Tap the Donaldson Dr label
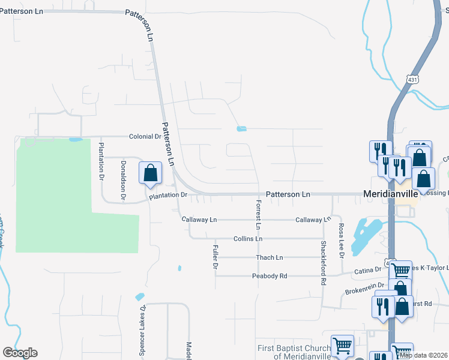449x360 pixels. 122,180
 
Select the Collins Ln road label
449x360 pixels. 248,238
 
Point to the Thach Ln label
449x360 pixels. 269,257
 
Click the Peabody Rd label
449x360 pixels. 270,276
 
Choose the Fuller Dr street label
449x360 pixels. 215,256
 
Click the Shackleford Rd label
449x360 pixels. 323,263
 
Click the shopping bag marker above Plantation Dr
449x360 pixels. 150,173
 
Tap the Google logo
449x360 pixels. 20,353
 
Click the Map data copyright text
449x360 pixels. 424,355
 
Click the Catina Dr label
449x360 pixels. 370,271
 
